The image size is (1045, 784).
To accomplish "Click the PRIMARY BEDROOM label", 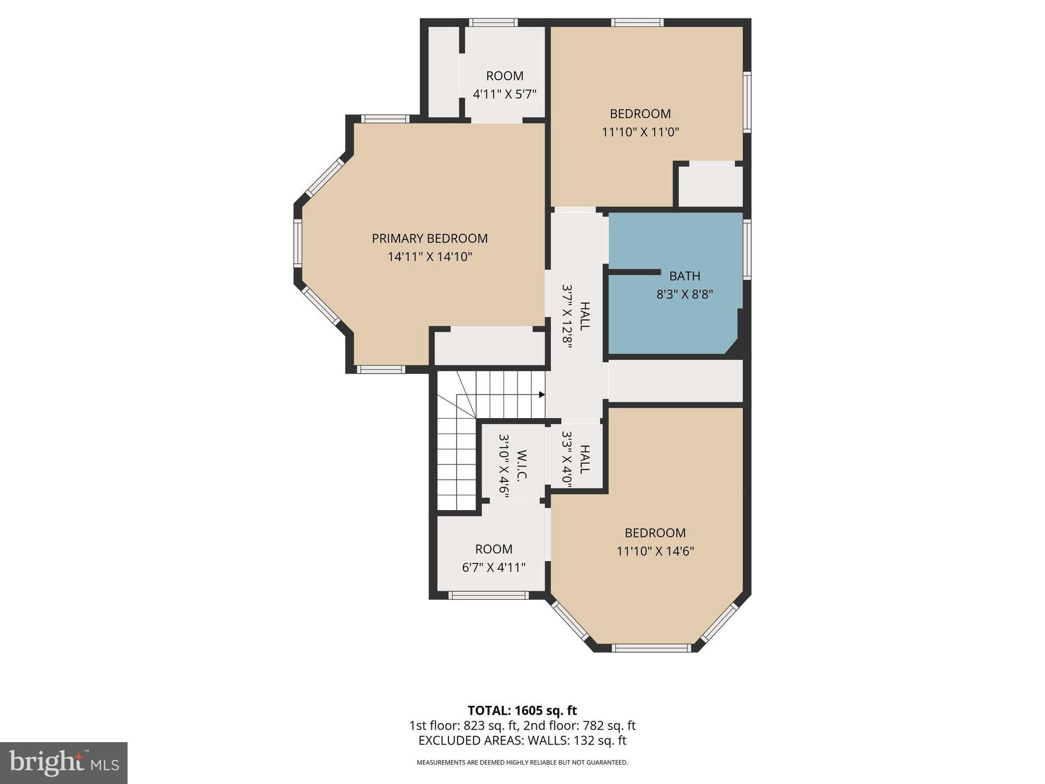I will pyautogui.click(x=430, y=238).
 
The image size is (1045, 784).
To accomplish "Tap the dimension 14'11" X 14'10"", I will pyautogui.click(x=430, y=257).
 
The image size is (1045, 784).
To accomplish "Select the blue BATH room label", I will pyautogui.click(x=684, y=276).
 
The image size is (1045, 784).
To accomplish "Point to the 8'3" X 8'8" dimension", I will pyautogui.click(x=684, y=295).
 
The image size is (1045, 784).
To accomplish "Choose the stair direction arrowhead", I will pyautogui.click(x=542, y=395).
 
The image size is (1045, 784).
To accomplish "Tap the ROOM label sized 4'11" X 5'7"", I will pyautogui.click(x=505, y=76).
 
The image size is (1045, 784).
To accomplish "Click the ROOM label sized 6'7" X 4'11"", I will pyautogui.click(x=493, y=549).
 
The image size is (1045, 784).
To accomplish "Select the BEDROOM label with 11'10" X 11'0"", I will pyautogui.click(x=640, y=114).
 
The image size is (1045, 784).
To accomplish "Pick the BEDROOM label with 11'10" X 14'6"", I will pyautogui.click(x=655, y=533).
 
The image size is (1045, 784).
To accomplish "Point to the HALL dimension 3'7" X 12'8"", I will pyautogui.click(x=567, y=316).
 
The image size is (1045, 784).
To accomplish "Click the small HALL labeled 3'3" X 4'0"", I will pyautogui.click(x=585, y=459).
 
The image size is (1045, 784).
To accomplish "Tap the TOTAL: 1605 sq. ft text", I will pyautogui.click(x=522, y=710).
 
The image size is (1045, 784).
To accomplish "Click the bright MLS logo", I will pyautogui.click(x=64, y=763).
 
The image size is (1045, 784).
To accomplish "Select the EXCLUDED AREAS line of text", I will pyautogui.click(x=522, y=741).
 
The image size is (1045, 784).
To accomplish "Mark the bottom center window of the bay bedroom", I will pyautogui.click(x=651, y=648).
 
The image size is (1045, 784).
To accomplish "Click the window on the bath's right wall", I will pyautogui.click(x=747, y=249).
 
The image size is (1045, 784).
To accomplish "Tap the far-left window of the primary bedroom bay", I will pyautogui.click(x=297, y=242).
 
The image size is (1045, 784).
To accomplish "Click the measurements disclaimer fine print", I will pyautogui.click(x=522, y=763).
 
